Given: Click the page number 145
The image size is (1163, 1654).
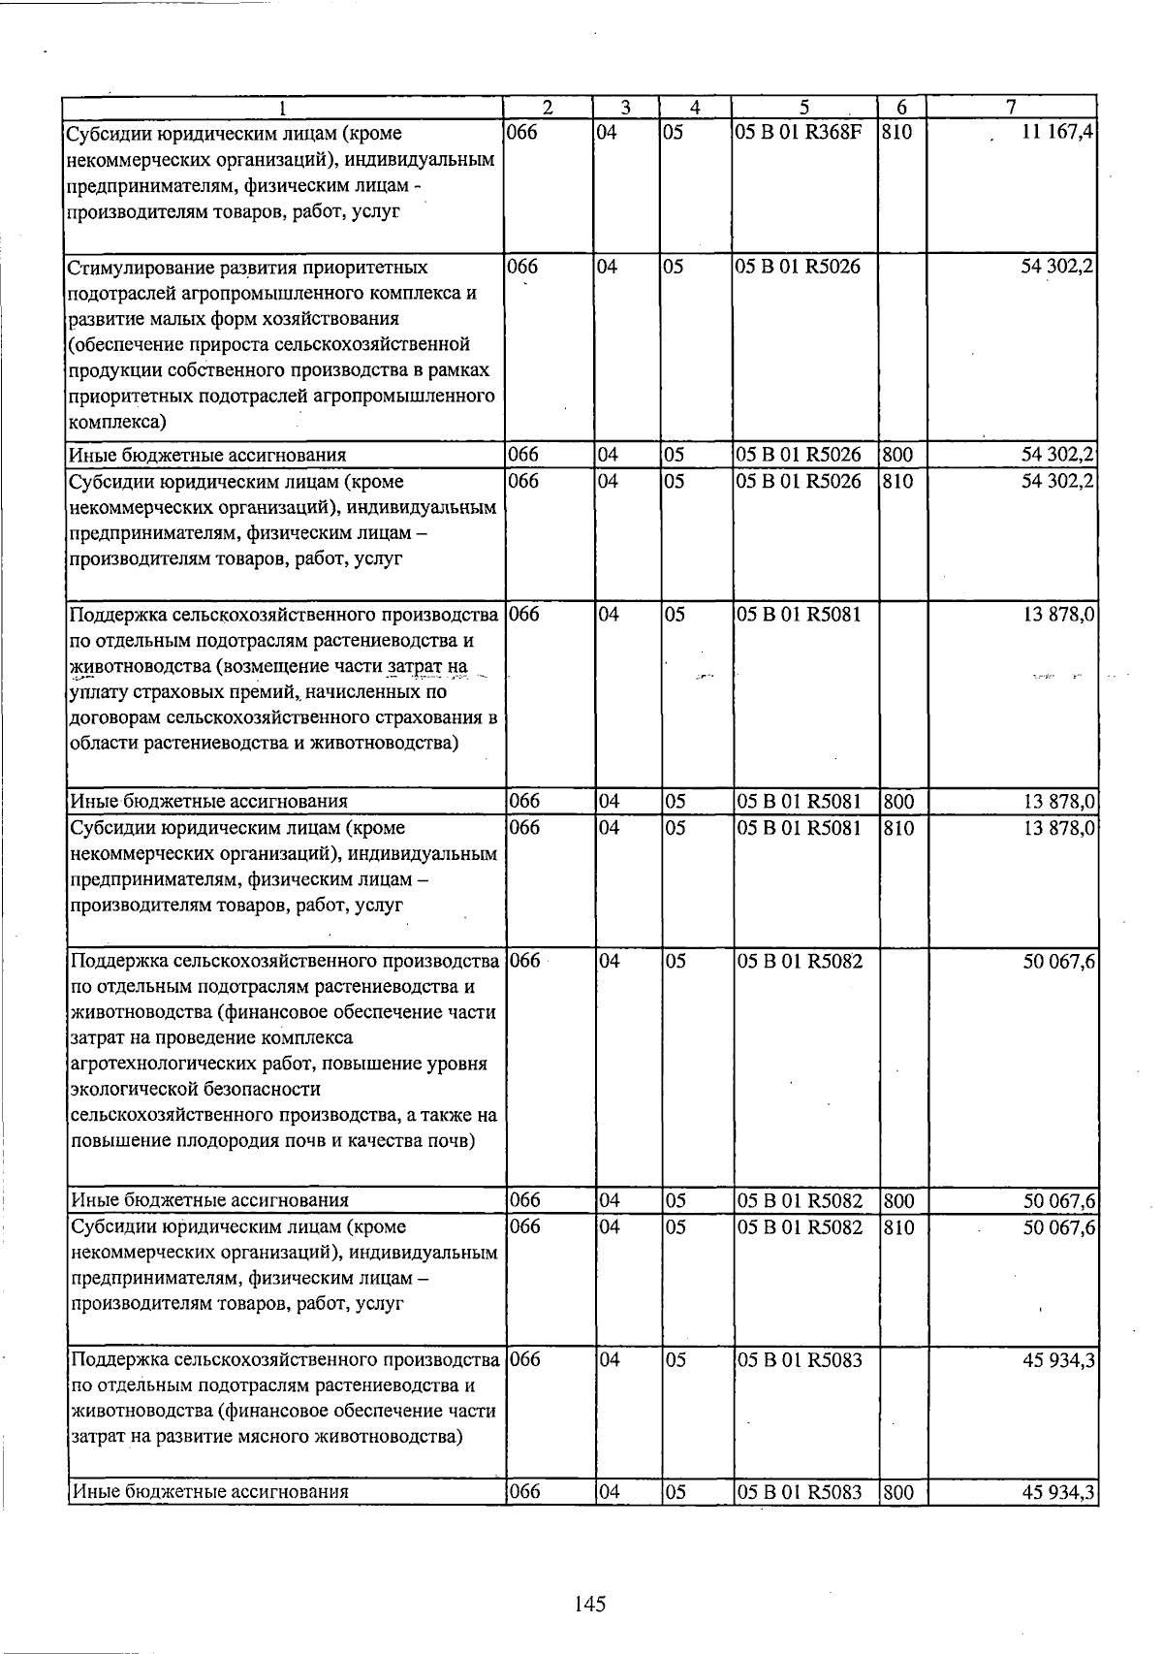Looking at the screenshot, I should pos(589,1604).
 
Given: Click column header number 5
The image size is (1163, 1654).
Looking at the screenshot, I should pos(804,108).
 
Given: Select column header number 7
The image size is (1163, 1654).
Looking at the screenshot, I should pos(1010,108).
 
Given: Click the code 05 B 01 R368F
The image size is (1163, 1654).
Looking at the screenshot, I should pos(798,132).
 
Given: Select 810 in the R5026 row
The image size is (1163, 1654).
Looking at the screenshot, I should pos(898,482).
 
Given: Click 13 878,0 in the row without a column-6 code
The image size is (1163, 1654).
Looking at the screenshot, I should pos(1058,614).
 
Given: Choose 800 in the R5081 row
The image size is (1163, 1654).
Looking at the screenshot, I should pos(898,802).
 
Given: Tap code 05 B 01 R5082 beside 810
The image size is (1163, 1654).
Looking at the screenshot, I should pos(799,1227).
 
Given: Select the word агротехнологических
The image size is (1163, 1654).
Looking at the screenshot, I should pos(156,1065).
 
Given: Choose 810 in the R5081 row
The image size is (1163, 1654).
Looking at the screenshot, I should pos(898,829).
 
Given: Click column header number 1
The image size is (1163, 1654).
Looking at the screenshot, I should pos(282,108).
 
